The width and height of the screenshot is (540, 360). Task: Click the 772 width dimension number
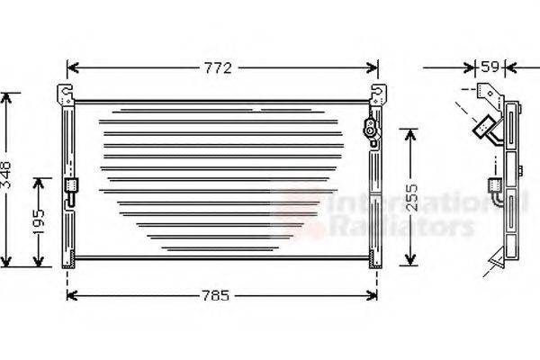pos(222,67)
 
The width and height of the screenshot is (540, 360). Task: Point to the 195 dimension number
pos(39,221)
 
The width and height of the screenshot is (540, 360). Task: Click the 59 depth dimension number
pos(490,67)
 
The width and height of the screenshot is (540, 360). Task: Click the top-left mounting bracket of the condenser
pos(65,94)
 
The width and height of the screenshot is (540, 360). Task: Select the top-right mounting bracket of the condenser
pos(379,94)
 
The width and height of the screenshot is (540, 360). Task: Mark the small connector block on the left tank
pos(71,188)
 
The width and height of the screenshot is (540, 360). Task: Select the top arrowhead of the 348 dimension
pos(8,96)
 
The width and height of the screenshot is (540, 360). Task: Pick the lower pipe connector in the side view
pos(493,186)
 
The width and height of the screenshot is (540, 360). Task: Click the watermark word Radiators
pos(400,227)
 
